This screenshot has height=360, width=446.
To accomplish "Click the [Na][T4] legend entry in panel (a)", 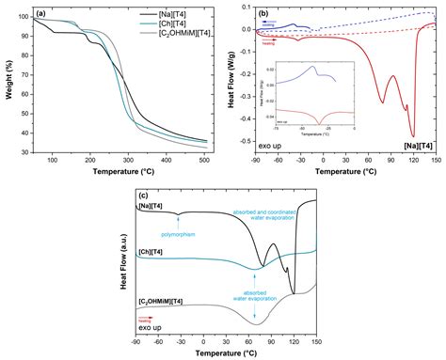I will pyautogui.click(x=177, y=16).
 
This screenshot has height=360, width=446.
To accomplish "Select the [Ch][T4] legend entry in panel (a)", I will pyautogui.click(x=177, y=24).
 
